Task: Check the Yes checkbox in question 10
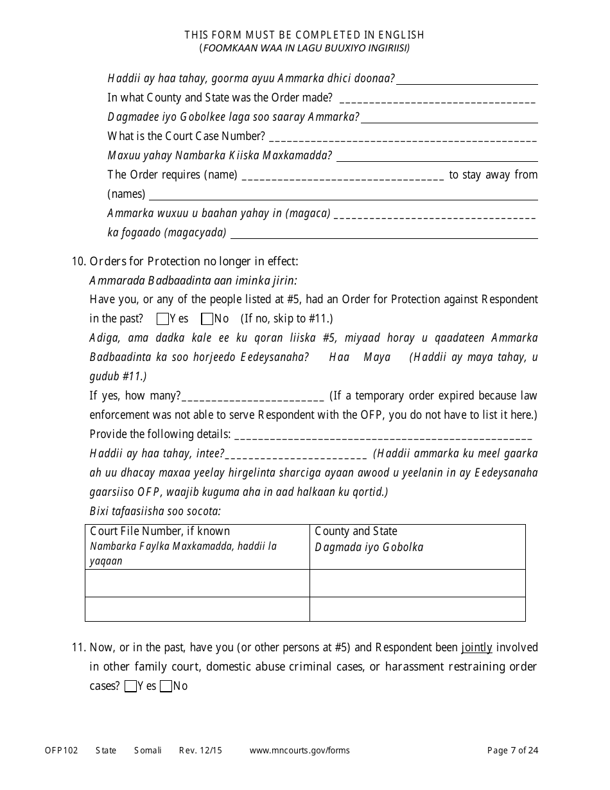(162, 319)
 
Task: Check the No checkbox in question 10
(207, 319)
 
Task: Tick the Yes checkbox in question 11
(130, 686)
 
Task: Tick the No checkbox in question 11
(166, 686)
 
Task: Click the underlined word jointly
(476, 647)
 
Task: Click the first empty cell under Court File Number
(197, 583)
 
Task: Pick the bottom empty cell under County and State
(417, 609)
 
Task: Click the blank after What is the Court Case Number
(403, 137)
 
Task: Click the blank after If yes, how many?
(253, 396)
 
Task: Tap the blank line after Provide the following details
(383, 435)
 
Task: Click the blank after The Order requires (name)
(344, 175)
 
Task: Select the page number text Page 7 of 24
(512, 750)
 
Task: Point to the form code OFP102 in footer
(62, 750)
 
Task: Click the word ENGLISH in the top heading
(401, 35)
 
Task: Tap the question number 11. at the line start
(79, 647)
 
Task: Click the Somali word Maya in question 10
(377, 357)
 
